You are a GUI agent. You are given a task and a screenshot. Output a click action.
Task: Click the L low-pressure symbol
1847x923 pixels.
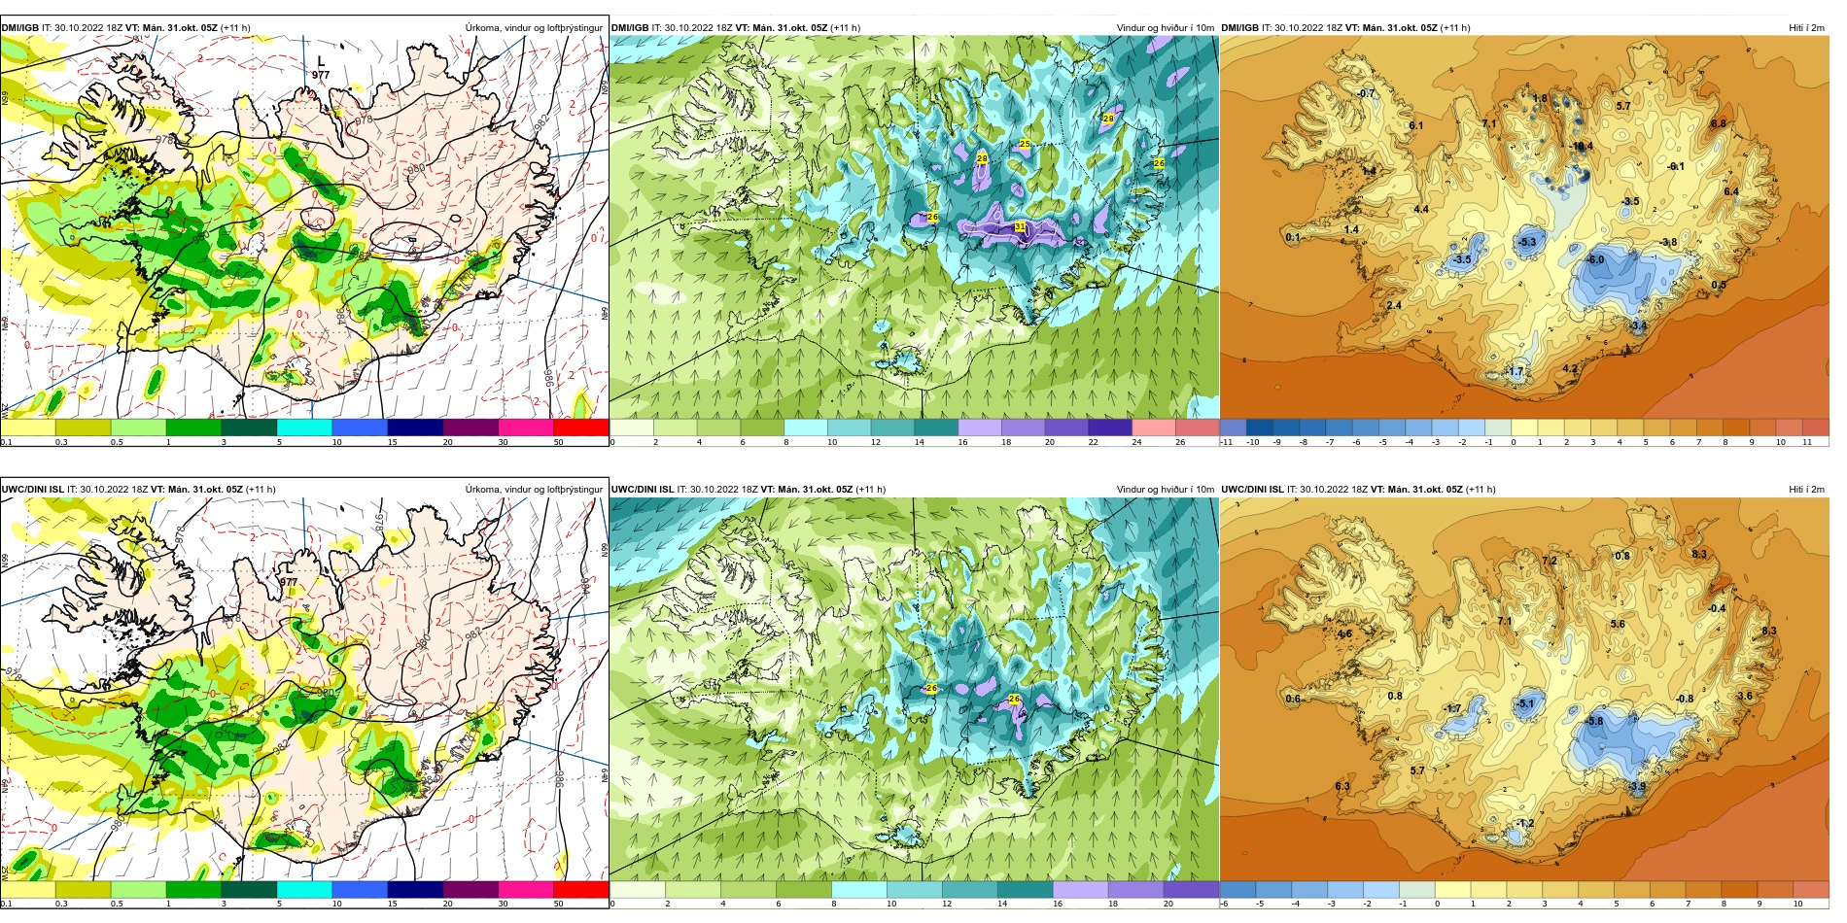pos(322,61)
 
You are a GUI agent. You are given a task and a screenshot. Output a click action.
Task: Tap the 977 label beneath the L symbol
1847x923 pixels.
pos(321,75)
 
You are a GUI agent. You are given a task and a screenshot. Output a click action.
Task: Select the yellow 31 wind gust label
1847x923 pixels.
pos(1020,226)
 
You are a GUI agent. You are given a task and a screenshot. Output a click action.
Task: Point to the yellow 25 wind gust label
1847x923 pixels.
pos(1025,144)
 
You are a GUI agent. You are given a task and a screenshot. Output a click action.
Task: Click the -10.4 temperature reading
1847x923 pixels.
pos(1583,147)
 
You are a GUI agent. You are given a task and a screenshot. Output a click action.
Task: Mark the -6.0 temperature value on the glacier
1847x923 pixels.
pos(1596,259)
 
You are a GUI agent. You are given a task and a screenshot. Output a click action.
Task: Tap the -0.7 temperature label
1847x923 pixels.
pos(1366,93)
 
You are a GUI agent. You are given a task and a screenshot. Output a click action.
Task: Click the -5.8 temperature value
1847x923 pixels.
pos(1594,721)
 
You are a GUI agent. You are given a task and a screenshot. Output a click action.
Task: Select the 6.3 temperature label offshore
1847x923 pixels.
pos(1342,786)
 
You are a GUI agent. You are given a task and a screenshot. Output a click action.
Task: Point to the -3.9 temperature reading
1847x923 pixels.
pos(1638,786)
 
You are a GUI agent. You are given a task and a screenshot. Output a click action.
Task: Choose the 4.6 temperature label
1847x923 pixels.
pos(1344,633)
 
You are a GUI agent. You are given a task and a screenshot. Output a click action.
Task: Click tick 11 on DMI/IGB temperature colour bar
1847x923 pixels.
pos(1806,442)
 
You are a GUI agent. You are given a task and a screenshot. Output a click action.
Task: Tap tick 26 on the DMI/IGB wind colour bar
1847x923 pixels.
pos(1180,442)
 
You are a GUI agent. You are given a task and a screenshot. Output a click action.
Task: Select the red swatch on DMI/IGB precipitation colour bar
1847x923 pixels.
pos(580,427)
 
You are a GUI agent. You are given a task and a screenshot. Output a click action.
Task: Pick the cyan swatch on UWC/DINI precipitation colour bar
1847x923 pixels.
pos(304,889)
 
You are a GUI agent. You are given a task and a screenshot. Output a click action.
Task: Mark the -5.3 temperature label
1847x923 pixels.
pos(1527,242)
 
